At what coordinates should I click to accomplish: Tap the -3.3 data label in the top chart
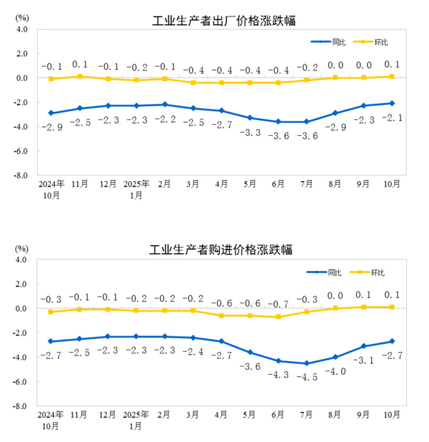click(x=250, y=132)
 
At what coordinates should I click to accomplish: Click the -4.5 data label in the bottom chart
click(x=306, y=376)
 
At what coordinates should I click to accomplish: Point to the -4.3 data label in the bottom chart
click(x=278, y=373)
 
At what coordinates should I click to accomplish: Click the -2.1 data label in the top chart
click(x=391, y=117)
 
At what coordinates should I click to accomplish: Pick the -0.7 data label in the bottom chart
click(x=278, y=303)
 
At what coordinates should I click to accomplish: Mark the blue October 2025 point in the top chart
click(x=391, y=103)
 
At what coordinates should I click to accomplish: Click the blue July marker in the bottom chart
click(x=306, y=364)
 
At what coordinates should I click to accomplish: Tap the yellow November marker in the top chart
click(x=80, y=76)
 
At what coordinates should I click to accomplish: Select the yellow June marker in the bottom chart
click(x=278, y=316)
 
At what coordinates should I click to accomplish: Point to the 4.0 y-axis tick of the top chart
click(x=21, y=30)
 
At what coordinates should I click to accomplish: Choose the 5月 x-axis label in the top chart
click(x=250, y=184)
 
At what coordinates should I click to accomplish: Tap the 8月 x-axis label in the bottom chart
click(x=334, y=415)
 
